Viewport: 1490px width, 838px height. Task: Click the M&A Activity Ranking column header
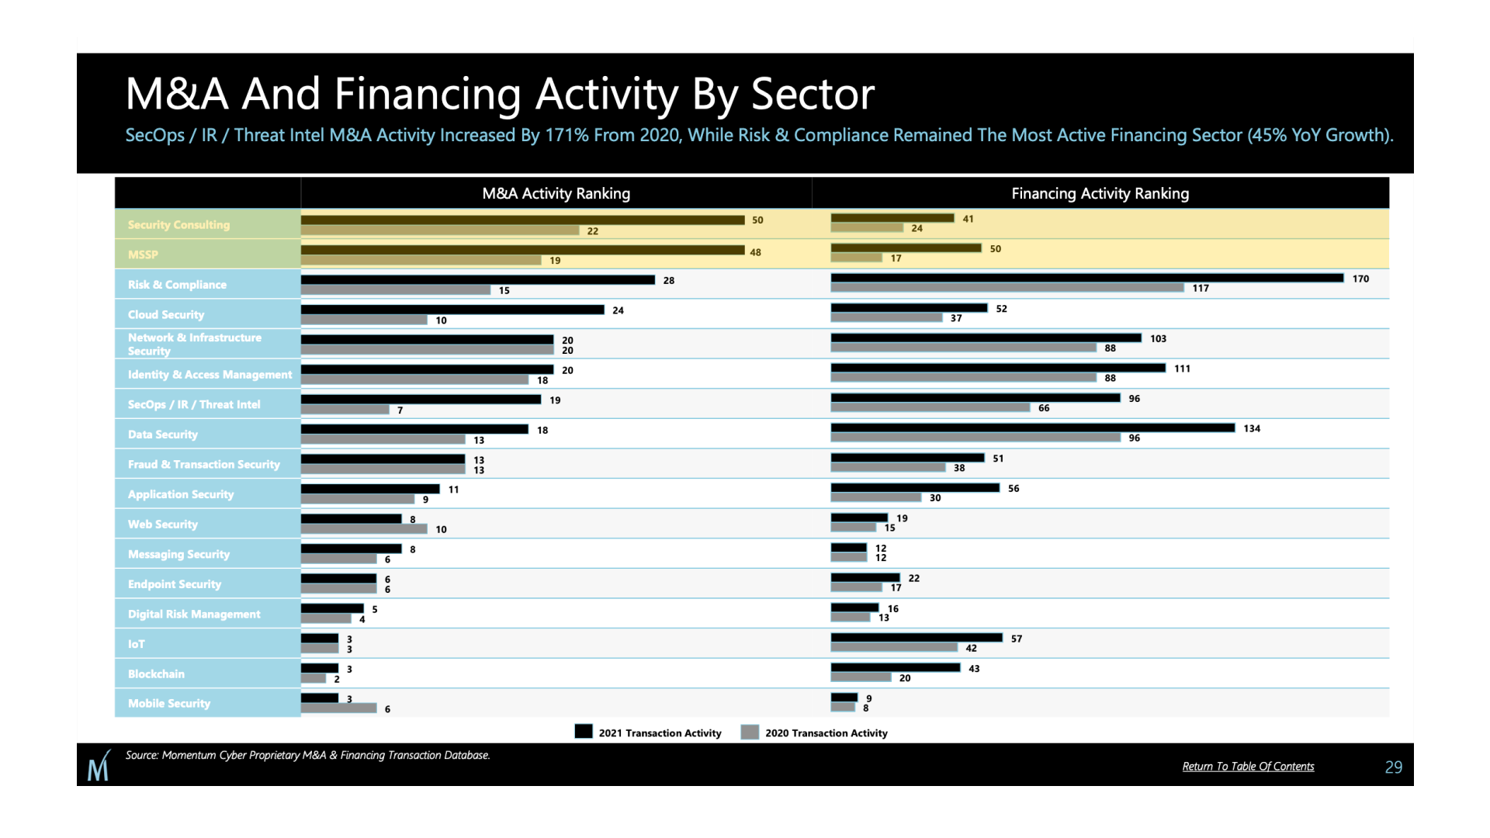(556, 193)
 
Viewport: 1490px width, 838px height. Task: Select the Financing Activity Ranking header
(1100, 193)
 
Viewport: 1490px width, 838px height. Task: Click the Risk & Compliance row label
(177, 285)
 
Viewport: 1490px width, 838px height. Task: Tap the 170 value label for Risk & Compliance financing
(1360, 279)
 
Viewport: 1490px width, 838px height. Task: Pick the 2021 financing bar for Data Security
(1032, 428)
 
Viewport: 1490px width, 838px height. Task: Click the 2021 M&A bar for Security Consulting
(522, 220)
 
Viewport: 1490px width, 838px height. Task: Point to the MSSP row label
(143, 255)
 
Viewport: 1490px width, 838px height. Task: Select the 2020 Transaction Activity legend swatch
(750, 732)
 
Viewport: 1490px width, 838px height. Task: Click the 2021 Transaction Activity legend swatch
(584, 732)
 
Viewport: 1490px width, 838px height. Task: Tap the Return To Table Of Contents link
(1248, 767)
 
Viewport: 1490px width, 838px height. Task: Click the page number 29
(1393, 767)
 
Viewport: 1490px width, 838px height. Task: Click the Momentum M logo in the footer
(99, 766)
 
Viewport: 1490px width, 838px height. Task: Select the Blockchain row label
(156, 674)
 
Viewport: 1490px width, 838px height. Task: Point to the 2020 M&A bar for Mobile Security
(338, 708)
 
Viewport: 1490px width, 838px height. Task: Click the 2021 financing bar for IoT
(917, 638)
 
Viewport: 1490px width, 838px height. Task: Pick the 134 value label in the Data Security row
(1252, 428)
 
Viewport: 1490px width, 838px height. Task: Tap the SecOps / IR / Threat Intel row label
(194, 404)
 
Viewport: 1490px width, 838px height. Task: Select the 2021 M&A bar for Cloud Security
(452, 310)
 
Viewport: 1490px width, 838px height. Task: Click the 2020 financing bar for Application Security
(875, 497)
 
